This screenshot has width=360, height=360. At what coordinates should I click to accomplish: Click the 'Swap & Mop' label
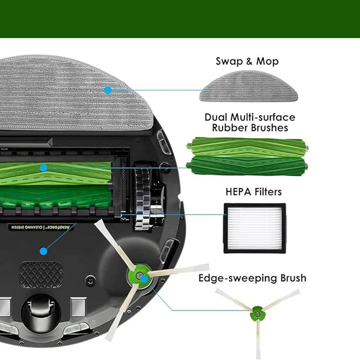tap(247, 61)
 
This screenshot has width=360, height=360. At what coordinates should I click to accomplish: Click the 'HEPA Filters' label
tap(253, 192)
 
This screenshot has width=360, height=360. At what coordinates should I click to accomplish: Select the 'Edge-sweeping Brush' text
tap(252, 278)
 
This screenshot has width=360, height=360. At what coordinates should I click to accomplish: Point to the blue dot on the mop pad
tap(108, 90)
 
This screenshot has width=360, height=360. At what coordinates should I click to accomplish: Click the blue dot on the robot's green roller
tap(43, 168)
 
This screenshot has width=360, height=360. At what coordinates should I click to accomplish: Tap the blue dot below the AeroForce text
tap(43, 251)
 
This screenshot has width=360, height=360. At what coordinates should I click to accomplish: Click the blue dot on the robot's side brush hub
tap(144, 279)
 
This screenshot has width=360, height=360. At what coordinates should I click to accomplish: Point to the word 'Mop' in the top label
tap(267, 61)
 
